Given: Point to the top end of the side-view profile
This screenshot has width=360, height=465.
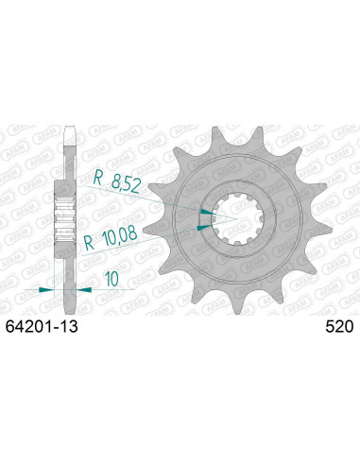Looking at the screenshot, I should (66, 128).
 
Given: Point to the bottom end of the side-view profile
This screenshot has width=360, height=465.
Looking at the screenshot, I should (66, 307).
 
